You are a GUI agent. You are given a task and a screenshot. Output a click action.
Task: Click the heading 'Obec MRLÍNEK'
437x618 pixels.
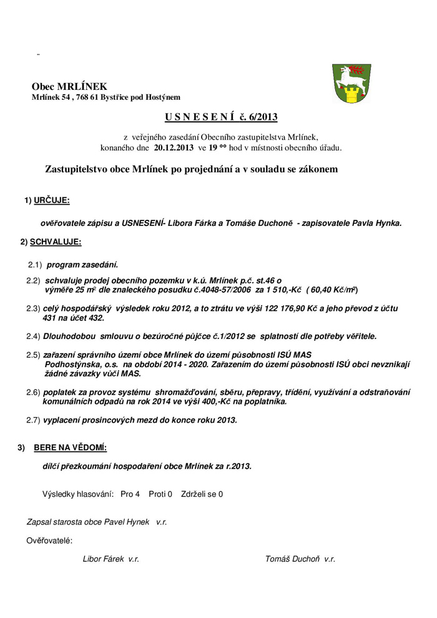coord(69,87)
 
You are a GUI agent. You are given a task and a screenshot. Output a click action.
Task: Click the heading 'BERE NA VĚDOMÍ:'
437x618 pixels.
coord(70,448)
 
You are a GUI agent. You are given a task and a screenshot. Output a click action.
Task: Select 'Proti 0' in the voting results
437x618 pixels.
coord(160,494)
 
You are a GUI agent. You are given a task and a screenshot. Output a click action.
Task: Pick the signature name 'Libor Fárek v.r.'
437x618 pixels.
coord(111,559)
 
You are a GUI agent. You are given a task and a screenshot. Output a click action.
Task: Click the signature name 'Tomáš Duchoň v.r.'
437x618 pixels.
coord(300,559)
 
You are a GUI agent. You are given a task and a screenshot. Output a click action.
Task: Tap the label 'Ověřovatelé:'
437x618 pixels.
coord(49,539)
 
